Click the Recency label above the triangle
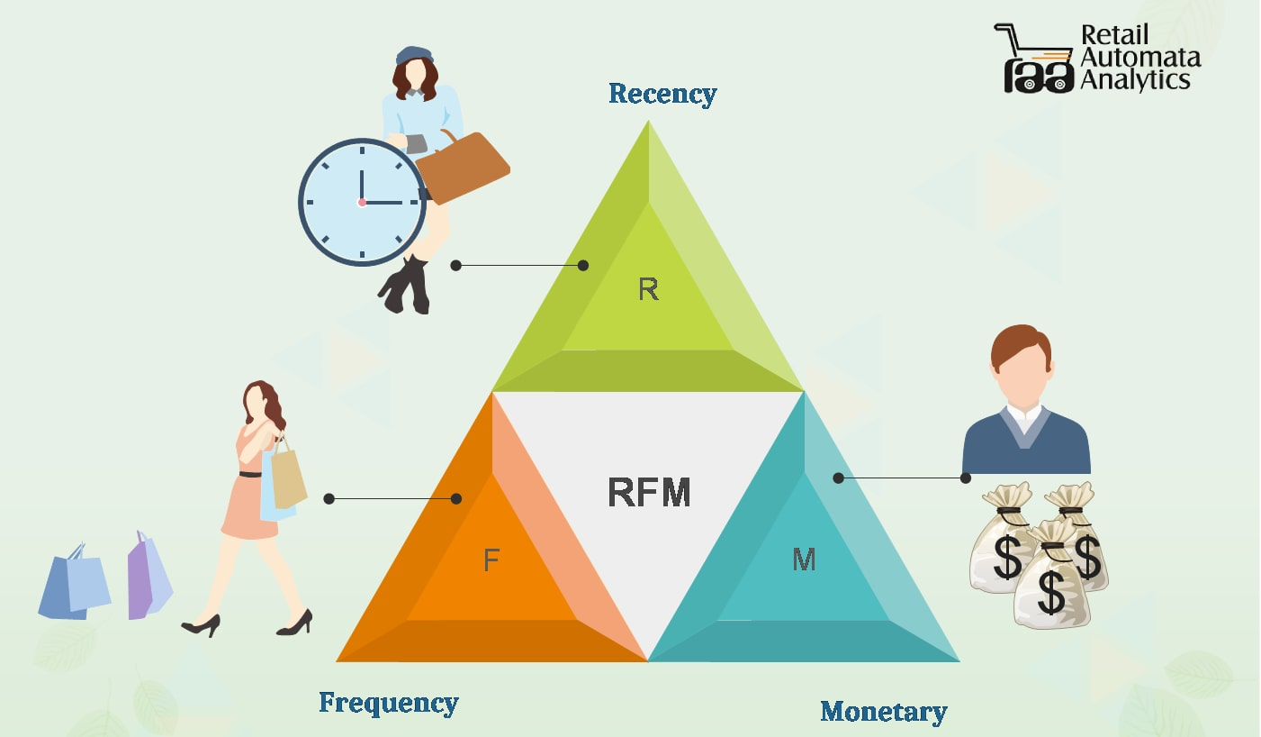click(662, 94)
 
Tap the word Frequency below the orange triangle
click(389, 703)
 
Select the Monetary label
click(883, 712)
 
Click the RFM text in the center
click(649, 493)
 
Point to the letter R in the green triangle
click(648, 289)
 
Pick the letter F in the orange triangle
click(491, 560)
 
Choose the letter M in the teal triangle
click(804, 560)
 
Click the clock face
click(362, 202)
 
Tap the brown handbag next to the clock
click(464, 168)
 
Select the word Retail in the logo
click(1115, 36)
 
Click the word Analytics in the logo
click(1135, 80)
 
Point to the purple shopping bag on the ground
click(148, 577)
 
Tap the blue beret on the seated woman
click(414, 54)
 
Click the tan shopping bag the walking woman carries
click(288, 476)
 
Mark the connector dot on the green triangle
click(583, 265)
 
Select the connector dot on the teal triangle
click(838, 478)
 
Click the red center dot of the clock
click(362, 203)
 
